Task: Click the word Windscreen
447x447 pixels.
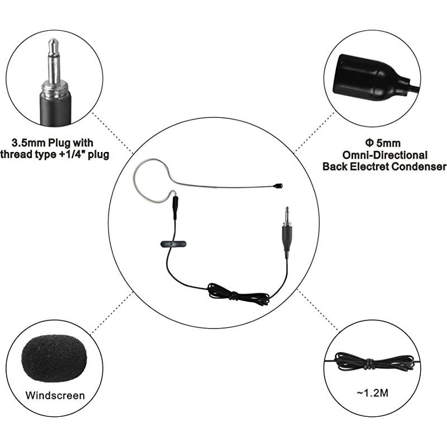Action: coord(55,396)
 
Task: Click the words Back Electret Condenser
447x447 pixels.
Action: coord(384,167)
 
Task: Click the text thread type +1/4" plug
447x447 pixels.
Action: coord(55,154)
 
